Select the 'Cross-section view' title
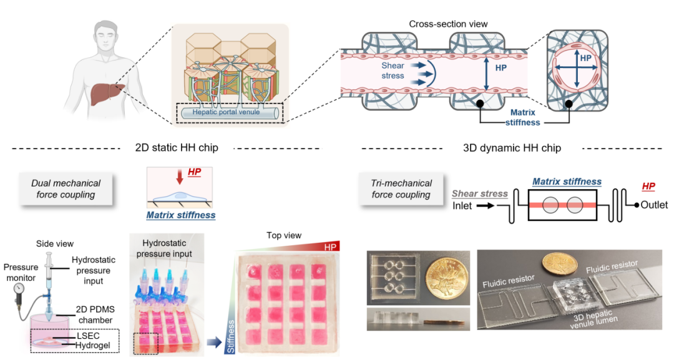448,24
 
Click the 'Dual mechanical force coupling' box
66,189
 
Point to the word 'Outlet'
654,205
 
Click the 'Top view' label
284,236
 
